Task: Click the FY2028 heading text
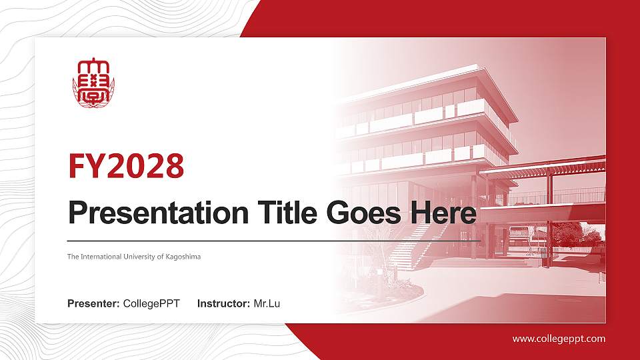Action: [126, 167]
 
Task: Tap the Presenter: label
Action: [93, 304]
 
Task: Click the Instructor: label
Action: [224, 304]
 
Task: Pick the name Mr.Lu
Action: [267, 304]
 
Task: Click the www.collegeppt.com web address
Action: [559, 339]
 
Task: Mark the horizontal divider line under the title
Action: [273, 240]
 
